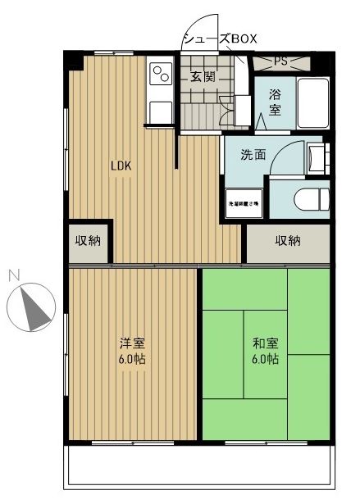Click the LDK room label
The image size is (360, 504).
click(121, 165)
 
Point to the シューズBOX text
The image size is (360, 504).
click(219, 39)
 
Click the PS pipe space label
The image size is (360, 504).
click(280, 61)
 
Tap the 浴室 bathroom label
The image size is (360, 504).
click(274, 102)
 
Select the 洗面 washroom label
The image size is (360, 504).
click(252, 154)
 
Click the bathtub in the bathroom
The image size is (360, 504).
click(311, 105)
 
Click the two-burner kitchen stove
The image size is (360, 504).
click(158, 75)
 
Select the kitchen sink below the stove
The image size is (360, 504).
click(158, 110)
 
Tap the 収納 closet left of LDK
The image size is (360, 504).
click(89, 241)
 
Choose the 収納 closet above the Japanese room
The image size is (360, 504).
click(287, 241)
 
